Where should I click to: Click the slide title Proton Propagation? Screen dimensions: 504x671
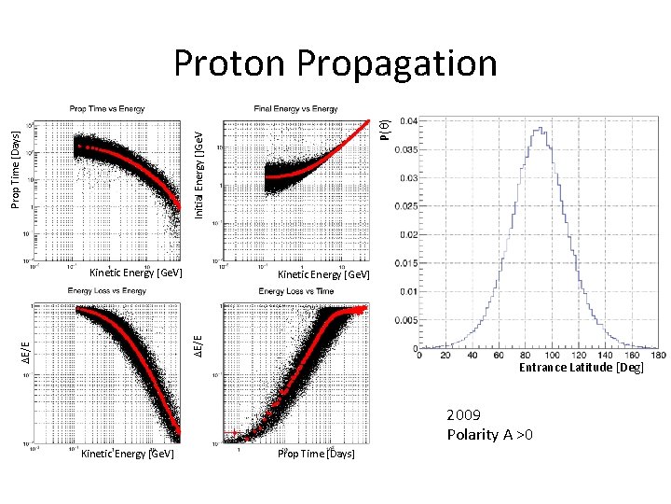pos(335,63)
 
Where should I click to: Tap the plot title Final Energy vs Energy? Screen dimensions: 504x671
pos(295,109)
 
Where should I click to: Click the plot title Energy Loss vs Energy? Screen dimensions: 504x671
pos(106,291)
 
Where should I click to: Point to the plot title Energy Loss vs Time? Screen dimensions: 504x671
pos(295,291)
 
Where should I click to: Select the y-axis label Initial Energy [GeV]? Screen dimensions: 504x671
pos(199,175)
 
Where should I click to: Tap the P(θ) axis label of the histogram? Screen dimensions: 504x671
pos(384,129)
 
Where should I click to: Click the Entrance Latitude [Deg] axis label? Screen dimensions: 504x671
pos(581,368)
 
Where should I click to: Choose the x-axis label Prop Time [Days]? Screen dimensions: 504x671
pos(316,454)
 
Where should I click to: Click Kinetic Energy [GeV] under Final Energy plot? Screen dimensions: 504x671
pos(323,274)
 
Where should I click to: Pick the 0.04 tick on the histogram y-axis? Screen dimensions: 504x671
pos(409,120)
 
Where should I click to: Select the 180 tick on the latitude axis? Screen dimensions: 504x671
pos(660,355)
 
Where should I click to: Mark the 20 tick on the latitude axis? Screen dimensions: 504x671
pos(445,355)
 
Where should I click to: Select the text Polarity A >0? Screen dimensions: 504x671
pos(489,434)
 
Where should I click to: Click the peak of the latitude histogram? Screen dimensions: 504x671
pos(540,129)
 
